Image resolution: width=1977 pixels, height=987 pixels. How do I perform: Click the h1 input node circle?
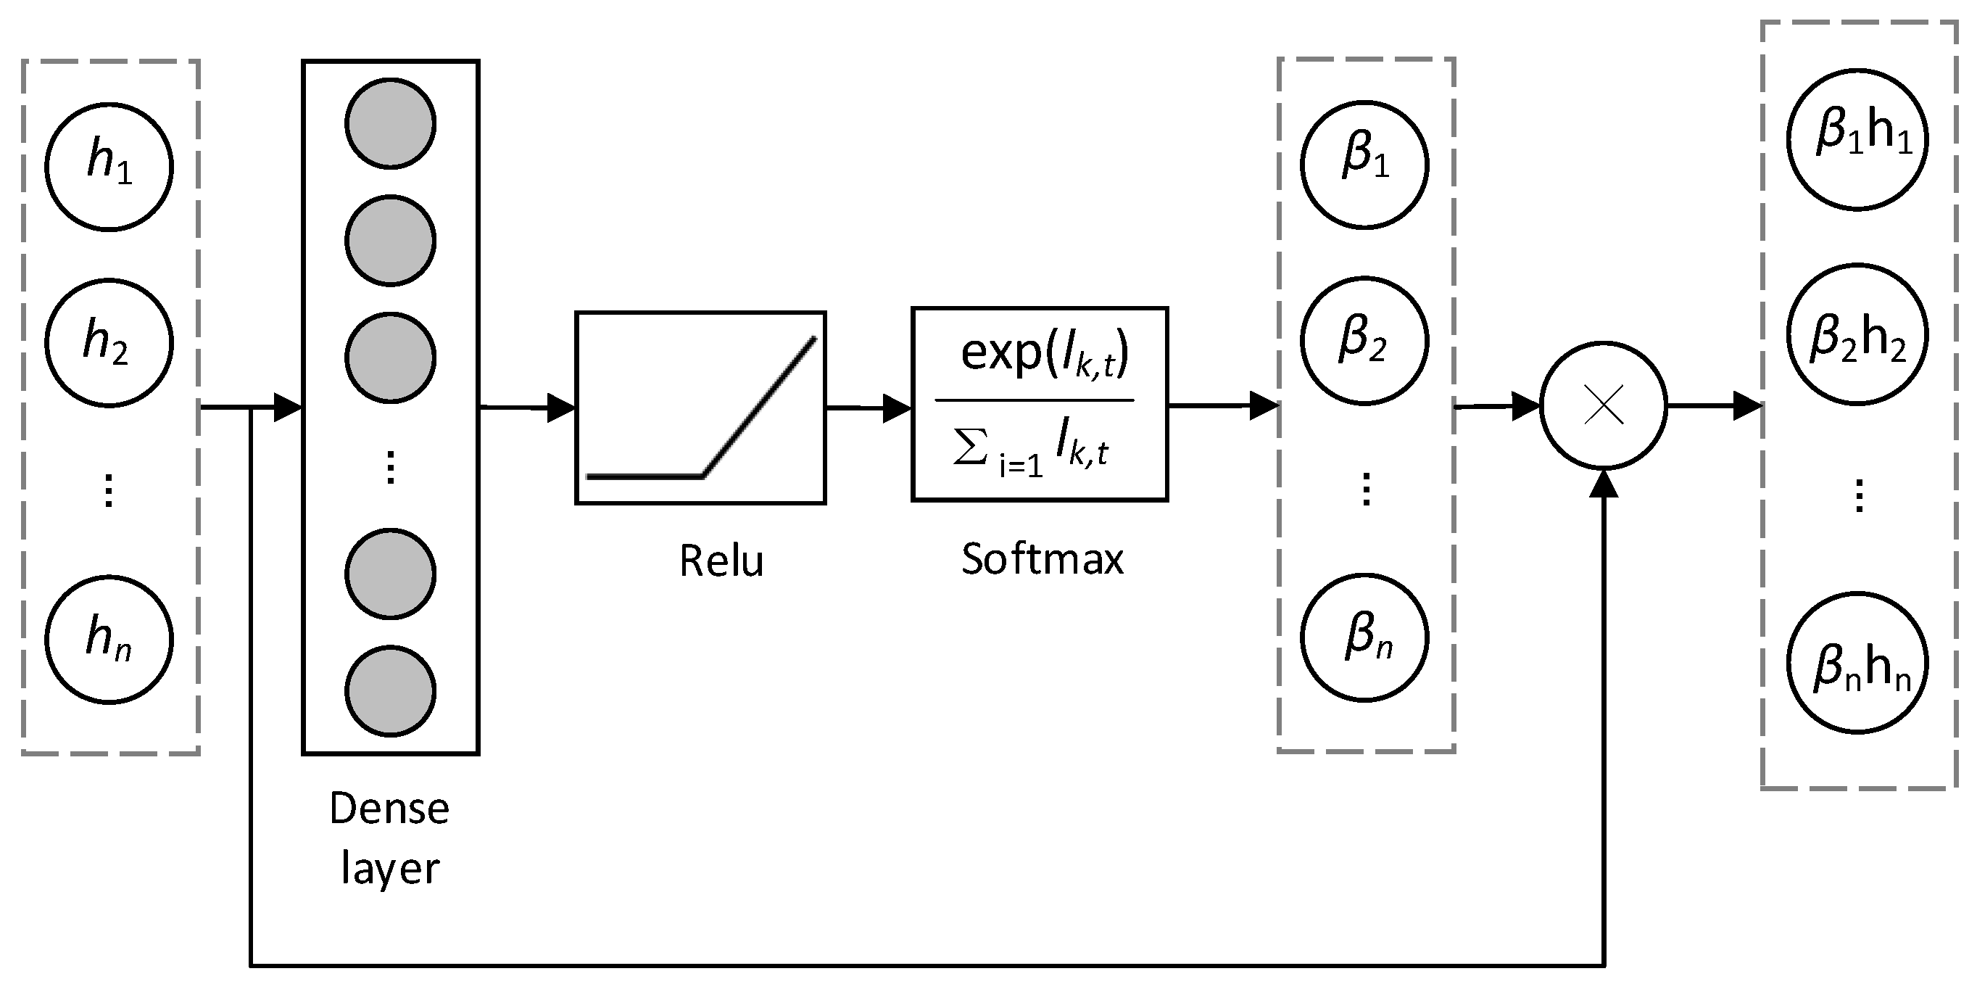point(109,167)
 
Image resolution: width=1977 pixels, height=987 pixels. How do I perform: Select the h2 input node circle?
point(109,342)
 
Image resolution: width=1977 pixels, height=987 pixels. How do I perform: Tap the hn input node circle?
point(109,640)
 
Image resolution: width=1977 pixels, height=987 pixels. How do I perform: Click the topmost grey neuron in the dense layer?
point(391,123)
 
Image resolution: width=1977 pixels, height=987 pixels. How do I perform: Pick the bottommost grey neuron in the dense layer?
point(391,690)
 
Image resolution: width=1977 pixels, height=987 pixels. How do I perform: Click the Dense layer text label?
point(390,838)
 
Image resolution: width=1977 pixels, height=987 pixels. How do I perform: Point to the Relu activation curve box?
point(700,408)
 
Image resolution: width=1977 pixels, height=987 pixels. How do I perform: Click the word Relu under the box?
point(721,561)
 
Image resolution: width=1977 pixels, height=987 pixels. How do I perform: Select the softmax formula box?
point(1040,405)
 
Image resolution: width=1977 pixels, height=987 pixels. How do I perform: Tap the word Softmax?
point(1043,558)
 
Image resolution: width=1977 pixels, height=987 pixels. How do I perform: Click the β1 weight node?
point(1364,164)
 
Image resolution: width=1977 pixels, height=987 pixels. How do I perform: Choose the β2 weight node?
point(1364,341)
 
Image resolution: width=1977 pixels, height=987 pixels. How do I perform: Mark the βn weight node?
point(1364,637)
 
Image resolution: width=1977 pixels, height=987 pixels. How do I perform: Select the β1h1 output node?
point(1858,139)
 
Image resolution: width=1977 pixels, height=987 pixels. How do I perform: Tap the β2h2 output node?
point(1858,334)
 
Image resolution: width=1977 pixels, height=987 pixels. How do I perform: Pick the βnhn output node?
point(1858,662)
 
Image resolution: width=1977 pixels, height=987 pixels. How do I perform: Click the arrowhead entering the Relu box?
point(561,408)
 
